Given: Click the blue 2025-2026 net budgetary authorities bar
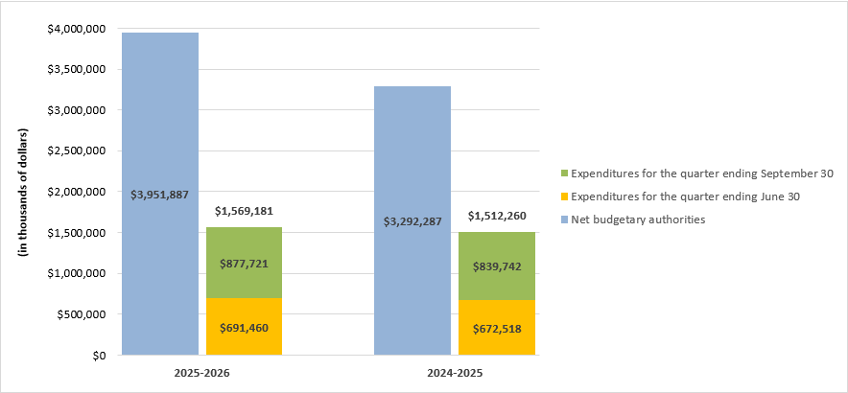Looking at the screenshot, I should click(x=159, y=115).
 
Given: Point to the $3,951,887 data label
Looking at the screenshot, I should click(x=160, y=195).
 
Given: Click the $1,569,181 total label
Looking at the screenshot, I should click(x=245, y=211).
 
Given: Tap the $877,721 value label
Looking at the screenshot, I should click(x=245, y=263).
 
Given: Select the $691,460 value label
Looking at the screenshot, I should click(x=245, y=326).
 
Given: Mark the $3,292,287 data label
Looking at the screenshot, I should click(x=412, y=221).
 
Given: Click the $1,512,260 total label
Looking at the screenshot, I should click(x=497, y=216).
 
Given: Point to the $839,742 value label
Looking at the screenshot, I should click(x=497, y=266).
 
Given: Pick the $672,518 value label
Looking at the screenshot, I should click(x=497, y=328).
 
